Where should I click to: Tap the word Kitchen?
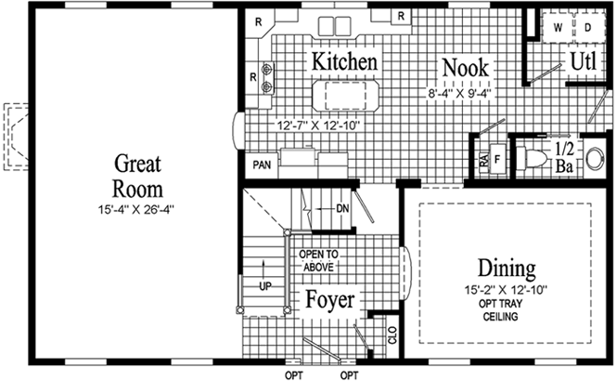(344, 61)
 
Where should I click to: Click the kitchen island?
(344, 95)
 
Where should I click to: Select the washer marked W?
(559, 28)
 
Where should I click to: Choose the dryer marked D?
(587, 28)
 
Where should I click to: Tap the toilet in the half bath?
(533, 157)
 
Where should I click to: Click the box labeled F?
(497, 159)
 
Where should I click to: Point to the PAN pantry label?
(261, 166)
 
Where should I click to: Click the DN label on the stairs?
(342, 208)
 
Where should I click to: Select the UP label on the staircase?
(265, 285)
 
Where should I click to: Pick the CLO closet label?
(393, 335)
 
